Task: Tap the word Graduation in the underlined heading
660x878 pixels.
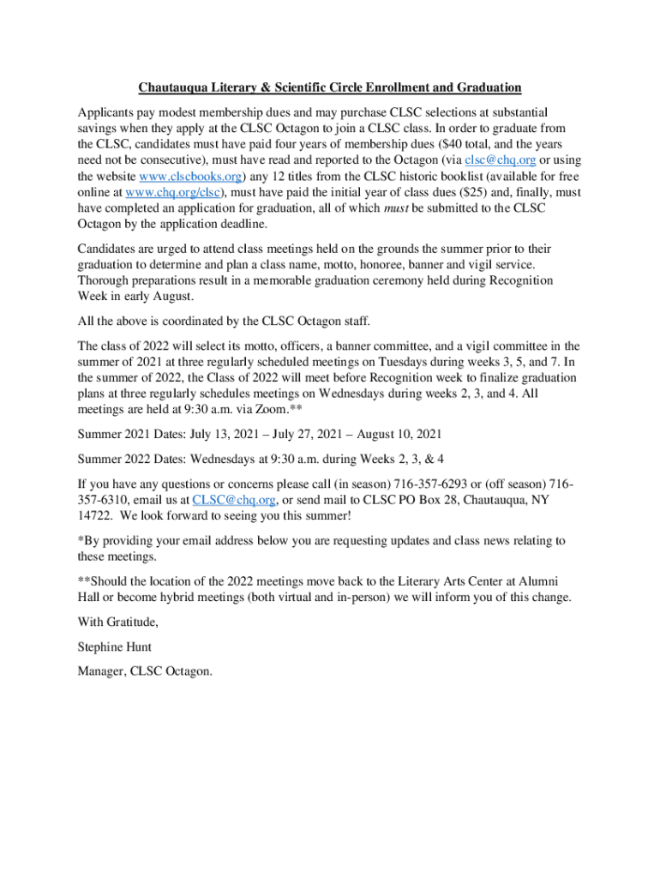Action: [x=488, y=87]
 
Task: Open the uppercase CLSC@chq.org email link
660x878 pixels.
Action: [x=234, y=498]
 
